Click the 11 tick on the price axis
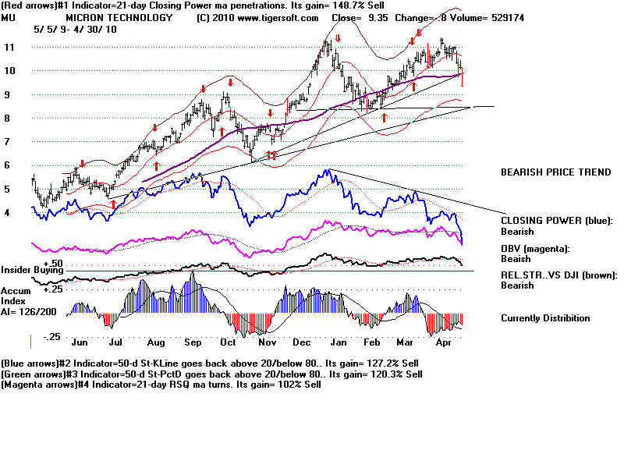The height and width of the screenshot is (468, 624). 9,48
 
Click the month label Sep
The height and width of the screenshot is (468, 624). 193,342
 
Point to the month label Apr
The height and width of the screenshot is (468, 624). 444,342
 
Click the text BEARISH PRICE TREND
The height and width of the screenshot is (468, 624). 555,172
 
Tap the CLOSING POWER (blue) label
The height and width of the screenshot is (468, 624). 556,221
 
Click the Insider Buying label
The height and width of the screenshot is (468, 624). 31,269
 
